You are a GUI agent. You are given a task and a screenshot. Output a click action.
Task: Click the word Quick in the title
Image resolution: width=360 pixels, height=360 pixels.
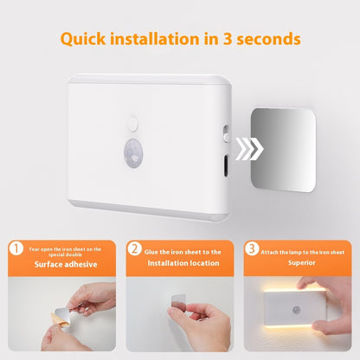(x=83, y=39)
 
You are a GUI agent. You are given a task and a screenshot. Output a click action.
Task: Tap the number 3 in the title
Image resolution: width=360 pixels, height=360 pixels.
(x=228, y=39)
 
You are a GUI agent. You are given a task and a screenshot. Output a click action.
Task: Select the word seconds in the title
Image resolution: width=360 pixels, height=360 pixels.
(x=268, y=39)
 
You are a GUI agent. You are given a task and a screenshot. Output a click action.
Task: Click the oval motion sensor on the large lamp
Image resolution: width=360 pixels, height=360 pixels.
(x=133, y=152)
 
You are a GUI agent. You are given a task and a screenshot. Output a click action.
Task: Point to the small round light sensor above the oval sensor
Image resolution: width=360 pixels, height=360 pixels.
(x=132, y=124)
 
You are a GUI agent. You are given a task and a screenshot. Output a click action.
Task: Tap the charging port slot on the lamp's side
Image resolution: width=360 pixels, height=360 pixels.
(x=226, y=165)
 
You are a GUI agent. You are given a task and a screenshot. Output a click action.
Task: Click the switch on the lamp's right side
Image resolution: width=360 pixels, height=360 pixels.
(x=226, y=133)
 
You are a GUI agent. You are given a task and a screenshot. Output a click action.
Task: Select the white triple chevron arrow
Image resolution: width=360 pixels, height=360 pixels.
(x=249, y=149)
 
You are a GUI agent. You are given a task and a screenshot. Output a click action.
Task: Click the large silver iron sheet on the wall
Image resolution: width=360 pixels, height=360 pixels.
(x=283, y=150)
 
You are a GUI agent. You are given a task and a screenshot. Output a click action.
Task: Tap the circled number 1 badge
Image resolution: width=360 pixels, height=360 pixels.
(x=16, y=248)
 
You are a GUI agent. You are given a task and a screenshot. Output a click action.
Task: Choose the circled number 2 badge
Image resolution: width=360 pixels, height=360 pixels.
(x=135, y=248)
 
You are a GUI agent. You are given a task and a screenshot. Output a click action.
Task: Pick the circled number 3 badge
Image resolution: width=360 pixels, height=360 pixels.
(x=252, y=248)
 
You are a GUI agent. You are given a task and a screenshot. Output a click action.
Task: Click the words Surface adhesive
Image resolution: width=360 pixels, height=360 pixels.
(x=66, y=264)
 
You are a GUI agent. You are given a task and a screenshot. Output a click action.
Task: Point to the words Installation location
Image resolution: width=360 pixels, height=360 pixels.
(x=183, y=263)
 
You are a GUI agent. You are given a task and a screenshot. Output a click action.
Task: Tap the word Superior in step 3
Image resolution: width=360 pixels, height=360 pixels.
(x=301, y=262)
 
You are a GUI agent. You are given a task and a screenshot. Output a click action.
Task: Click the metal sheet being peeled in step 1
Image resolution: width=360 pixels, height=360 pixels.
(x=62, y=314)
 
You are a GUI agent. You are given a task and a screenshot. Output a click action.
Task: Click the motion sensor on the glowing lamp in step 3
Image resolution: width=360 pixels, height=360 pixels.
(x=296, y=310)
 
